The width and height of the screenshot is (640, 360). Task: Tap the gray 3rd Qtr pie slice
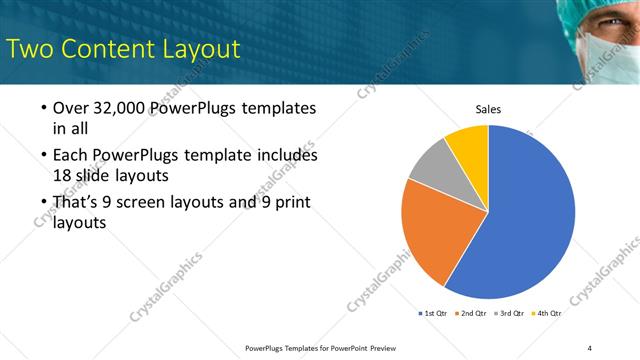(432, 164)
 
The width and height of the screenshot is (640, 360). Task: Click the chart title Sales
(488, 110)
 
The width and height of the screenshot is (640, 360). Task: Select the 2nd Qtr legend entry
(472, 313)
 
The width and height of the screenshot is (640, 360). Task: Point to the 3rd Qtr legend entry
(510, 313)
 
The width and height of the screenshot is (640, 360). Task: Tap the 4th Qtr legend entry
(548, 313)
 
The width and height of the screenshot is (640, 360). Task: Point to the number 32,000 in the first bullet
(116, 108)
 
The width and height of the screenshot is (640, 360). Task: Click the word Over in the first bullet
(69, 108)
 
